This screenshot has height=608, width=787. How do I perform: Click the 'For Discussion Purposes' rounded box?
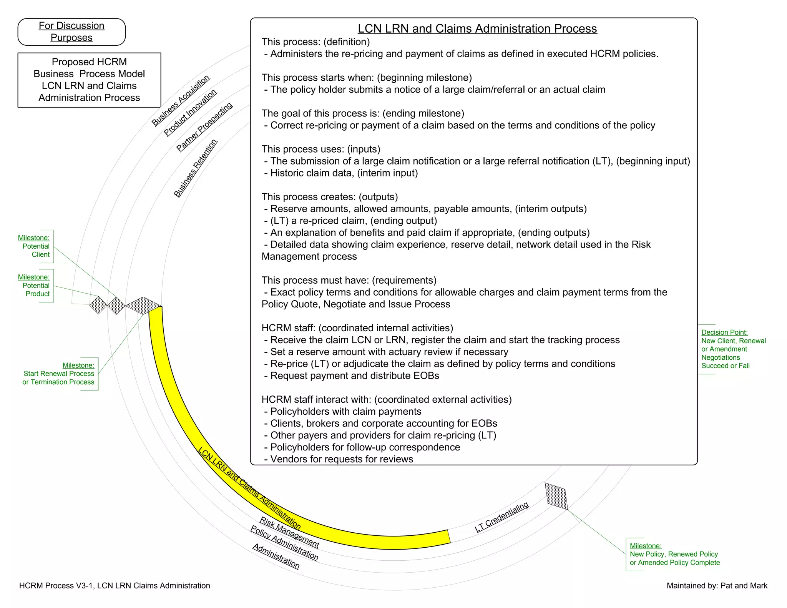pyautogui.click(x=71, y=32)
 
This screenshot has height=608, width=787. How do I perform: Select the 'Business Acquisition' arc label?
pyautogui.click(x=181, y=100)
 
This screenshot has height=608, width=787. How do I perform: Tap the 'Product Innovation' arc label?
pyautogui.click(x=190, y=113)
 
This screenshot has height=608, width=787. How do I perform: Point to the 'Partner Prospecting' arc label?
pyautogui.click(x=204, y=127)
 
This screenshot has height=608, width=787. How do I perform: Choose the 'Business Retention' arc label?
pyautogui.click(x=195, y=168)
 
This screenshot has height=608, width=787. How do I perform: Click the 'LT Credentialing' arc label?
pyautogui.click(x=501, y=517)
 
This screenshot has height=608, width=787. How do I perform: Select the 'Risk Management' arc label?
pyautogui.click(x=289, y=532)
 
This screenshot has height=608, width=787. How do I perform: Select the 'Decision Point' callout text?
pyautogui.click(x=733, y=349)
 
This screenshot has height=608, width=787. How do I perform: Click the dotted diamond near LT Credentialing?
pyautogui.click(x=556, y=496)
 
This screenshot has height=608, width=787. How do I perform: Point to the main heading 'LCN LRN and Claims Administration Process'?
pyautogui.click(x=477, y=29)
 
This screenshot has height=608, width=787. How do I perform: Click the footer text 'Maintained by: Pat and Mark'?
pyautogui.click(x=717, y=586)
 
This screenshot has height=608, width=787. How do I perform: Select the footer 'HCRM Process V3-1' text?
pyautogui.click(x=115, y=586)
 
